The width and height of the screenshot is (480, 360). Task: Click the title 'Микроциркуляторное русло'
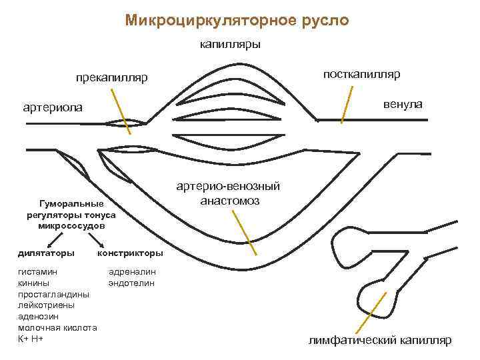click(237, 21)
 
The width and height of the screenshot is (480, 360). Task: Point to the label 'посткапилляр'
click(361, 73)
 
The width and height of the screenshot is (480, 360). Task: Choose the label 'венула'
click(402, 105)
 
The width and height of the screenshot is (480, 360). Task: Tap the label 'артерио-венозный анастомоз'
click(229, 193)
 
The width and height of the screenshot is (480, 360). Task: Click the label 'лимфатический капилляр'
click(379, 340)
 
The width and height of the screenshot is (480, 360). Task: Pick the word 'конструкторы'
click(130, 253)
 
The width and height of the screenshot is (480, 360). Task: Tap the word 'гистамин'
click(37, 272)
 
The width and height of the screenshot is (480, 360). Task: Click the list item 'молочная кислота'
click(57, 328)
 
